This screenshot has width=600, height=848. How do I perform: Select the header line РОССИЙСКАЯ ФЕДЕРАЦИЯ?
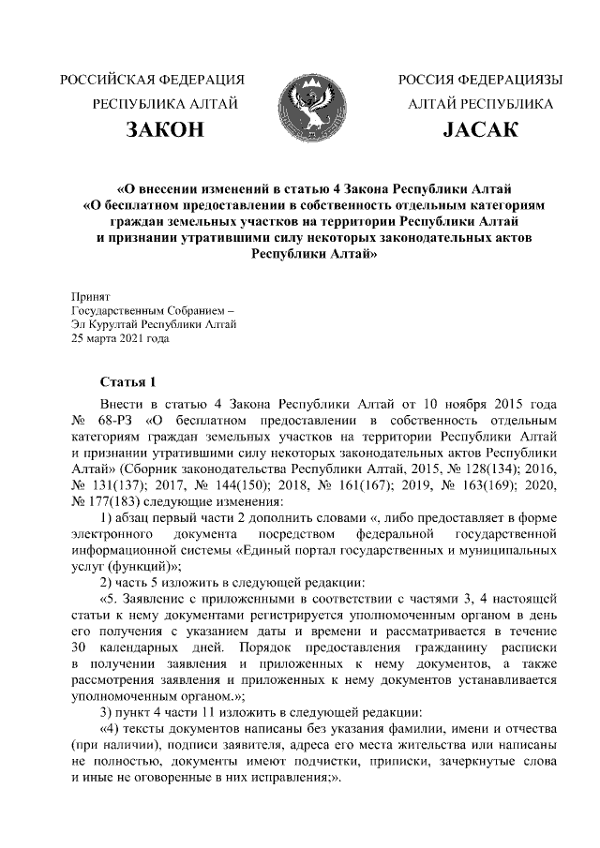tap(152, 79)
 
